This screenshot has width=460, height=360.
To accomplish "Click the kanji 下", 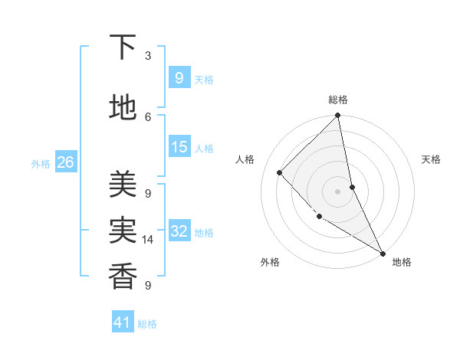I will click(123, 47).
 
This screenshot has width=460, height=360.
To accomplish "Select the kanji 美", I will click(123, 184).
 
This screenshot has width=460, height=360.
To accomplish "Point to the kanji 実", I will click(123, 229).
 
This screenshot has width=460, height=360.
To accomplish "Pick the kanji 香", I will click(123, 274).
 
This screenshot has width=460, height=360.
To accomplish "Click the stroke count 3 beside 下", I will click(148, 56).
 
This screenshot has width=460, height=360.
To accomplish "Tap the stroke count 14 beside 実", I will click(148, 240).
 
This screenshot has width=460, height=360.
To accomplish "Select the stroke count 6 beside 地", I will click(148, 116).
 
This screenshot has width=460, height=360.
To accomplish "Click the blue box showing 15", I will click(179, 147).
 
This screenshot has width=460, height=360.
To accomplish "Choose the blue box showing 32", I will click(179, 231).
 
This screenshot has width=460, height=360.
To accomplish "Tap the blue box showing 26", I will click(65, 162).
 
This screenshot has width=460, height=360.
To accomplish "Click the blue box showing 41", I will click(123, 322).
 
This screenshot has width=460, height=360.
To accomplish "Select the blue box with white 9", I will click(179, 78).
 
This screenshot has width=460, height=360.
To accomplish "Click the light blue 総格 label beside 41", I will click(147, 324).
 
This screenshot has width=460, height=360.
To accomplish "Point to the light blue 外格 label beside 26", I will click(40, 163).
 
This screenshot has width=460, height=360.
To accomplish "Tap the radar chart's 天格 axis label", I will click(431, 159).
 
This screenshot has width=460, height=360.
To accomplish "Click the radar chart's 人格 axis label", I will click(245, 159).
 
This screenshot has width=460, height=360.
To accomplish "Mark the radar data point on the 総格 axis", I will click(337, 116).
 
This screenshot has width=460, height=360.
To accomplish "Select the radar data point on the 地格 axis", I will click(382, 253).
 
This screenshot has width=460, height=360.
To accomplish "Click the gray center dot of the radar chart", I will click(337, 191).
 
